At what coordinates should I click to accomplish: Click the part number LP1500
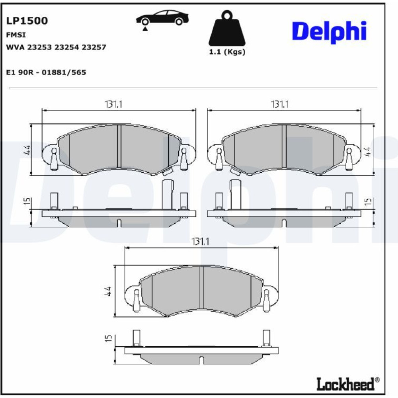tap(27, 21)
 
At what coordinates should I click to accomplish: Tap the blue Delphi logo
tap(329, 32)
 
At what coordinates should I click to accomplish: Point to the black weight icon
tap(227, 28)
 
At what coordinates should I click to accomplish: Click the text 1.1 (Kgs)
tap(227, 52)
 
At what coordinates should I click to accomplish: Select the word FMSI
tap(16, 35)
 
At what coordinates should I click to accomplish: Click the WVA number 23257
tap(94, 47)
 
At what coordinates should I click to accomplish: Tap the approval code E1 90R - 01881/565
tap(46, 72)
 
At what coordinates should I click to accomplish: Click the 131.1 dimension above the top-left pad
tap(113, 104)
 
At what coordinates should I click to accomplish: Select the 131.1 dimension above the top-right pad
tap(279, 104)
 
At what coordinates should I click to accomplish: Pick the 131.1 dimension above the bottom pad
tap(201, 242)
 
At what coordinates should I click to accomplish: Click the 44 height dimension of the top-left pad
tap(27, 150)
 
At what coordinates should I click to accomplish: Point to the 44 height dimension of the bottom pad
tap(108, 291)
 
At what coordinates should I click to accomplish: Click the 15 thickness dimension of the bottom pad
tap(108, 338)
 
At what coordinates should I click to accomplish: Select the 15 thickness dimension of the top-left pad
tap(28, 201)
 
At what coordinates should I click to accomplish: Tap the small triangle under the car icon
tap(145, 29)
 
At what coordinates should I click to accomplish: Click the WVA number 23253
tap(39, 47)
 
